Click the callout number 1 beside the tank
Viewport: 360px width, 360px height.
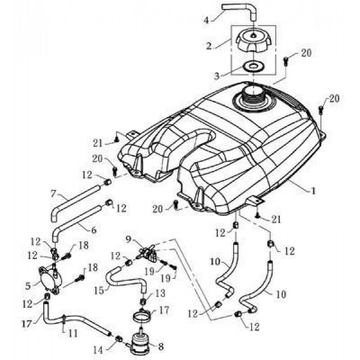point(313,191)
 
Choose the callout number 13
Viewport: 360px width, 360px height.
point(160,293)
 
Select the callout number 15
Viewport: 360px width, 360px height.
point(100,291)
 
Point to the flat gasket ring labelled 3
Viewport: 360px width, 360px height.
point(253,66)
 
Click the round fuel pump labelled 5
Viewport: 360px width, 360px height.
point(51,280)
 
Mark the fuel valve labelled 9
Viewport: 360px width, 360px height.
point(147,252)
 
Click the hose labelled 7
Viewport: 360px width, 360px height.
point(75,202)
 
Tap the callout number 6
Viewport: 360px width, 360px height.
point(94,230)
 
